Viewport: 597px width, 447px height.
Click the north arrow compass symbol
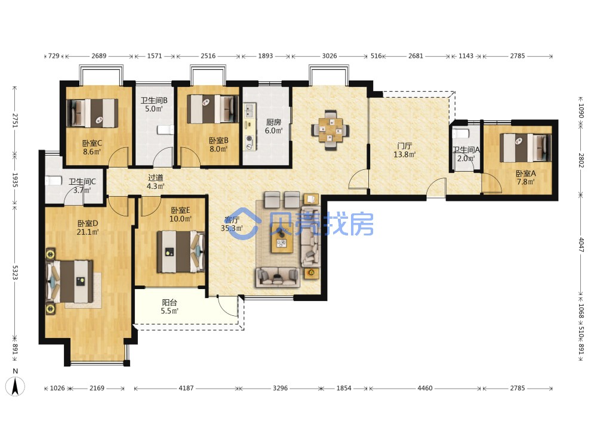point(16,387)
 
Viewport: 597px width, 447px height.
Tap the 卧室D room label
point(88,223)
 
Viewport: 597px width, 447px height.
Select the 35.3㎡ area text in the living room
point(232,228)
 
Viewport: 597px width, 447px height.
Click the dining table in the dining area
point(330,130)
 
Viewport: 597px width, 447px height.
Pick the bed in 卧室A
point(525,147)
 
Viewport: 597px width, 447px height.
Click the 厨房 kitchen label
point(273,122)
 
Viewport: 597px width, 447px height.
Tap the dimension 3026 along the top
point(330,56)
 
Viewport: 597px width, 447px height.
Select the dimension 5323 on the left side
point(15,272)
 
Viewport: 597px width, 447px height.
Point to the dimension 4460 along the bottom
point(425,388)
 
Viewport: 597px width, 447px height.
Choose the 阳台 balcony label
point(170,303)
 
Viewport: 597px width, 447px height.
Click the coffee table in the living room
point(282,242)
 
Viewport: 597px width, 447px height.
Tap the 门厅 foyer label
point(404,146)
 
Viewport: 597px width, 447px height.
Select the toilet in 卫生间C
point(53,181)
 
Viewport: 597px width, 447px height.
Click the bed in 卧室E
point(181,252)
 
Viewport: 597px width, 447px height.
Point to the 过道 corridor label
point(156,178)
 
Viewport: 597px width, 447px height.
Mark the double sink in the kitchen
point(249,111)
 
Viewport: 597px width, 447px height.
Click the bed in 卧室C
point(92,113)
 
